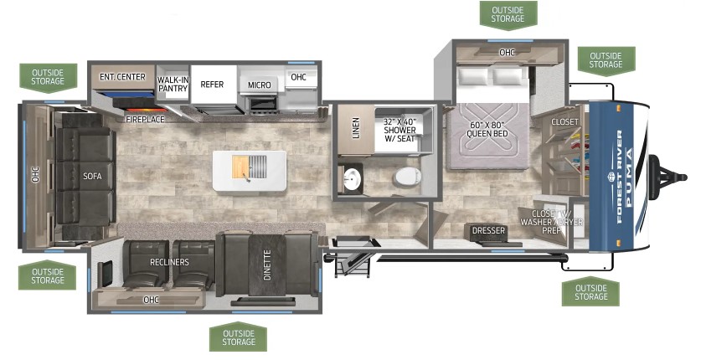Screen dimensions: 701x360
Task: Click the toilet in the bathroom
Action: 407,177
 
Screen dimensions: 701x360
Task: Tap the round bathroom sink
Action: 353,179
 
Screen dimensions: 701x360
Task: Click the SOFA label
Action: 92,177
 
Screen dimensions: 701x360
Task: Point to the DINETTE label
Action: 267,265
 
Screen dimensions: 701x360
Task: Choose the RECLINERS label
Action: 169,262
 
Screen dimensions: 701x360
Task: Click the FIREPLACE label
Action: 145,119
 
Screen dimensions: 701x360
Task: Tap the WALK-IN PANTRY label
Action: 173,84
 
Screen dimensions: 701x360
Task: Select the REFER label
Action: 212,85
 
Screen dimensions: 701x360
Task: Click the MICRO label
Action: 260,85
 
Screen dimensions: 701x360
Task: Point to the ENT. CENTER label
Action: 122,77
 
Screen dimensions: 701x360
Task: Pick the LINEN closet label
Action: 356,128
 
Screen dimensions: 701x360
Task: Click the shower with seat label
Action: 399,130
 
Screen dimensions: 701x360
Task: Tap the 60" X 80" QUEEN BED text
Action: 487,130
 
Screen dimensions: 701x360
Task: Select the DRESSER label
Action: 488,230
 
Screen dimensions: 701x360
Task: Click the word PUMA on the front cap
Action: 629,177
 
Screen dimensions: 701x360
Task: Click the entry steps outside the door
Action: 353,265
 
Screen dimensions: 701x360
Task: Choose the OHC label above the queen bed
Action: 507,53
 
